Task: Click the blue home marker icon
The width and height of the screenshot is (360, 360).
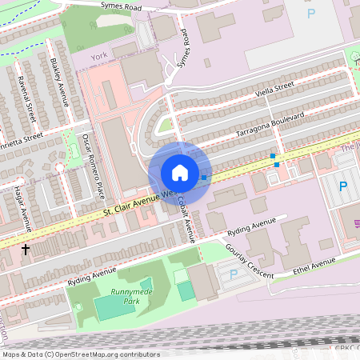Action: pyautogui.click(x=180, y=172)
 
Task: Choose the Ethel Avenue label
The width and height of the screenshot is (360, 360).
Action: pyautogui.click(x=314, y=265)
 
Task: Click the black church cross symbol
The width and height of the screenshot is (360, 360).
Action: pyautogui.click(x=26, y=250)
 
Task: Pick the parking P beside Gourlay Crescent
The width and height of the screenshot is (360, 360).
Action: pyautogui.click(x=234, y=274)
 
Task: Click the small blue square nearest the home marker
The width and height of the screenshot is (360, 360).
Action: pyautogui.click(x=204, y=177)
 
